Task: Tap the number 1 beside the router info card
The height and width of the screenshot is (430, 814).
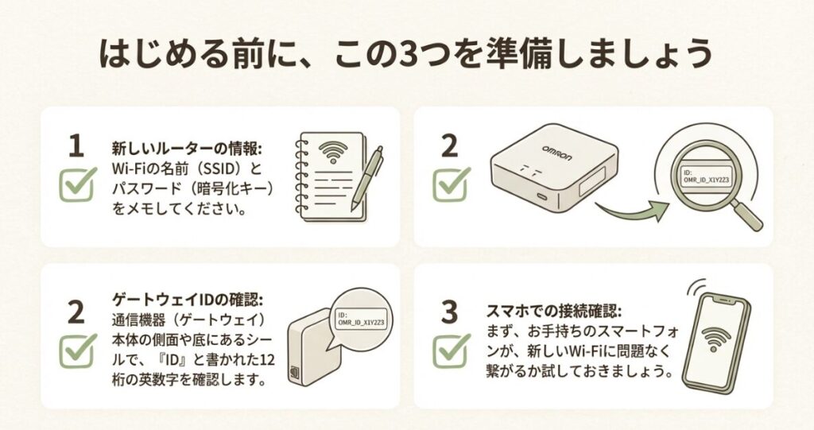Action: coord(76,146)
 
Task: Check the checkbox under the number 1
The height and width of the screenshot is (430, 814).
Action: coord(78,184)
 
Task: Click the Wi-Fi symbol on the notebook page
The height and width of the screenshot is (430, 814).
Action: coord(335,150)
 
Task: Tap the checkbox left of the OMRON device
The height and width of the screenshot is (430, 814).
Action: coord(451,184)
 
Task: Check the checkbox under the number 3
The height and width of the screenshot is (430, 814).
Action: coord(451,351)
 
